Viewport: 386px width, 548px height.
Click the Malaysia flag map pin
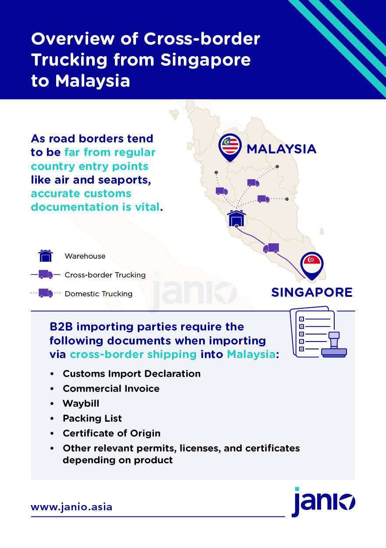[230, 147]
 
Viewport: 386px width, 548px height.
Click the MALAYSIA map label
[282, 149]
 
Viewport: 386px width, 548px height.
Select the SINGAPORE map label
[312, 292]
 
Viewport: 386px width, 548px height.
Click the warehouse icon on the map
[236, 218]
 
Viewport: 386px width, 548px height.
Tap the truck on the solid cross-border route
[271, 248]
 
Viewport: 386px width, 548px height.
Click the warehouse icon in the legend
[46, 256]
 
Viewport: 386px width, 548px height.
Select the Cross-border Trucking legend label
[105, 275]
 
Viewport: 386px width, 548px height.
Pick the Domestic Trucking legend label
[98, 294]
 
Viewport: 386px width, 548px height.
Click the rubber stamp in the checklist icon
[334, 344]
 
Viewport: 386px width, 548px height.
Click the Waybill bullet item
[81, 403]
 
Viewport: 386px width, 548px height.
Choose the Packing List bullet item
[92, 418]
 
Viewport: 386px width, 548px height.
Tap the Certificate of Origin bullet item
[111, 433]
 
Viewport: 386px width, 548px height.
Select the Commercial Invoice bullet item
[111, 388]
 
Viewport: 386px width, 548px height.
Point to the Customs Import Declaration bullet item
[132, 374]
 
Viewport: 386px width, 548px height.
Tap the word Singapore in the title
[206, 60]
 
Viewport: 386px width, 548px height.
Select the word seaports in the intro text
[124, 180]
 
